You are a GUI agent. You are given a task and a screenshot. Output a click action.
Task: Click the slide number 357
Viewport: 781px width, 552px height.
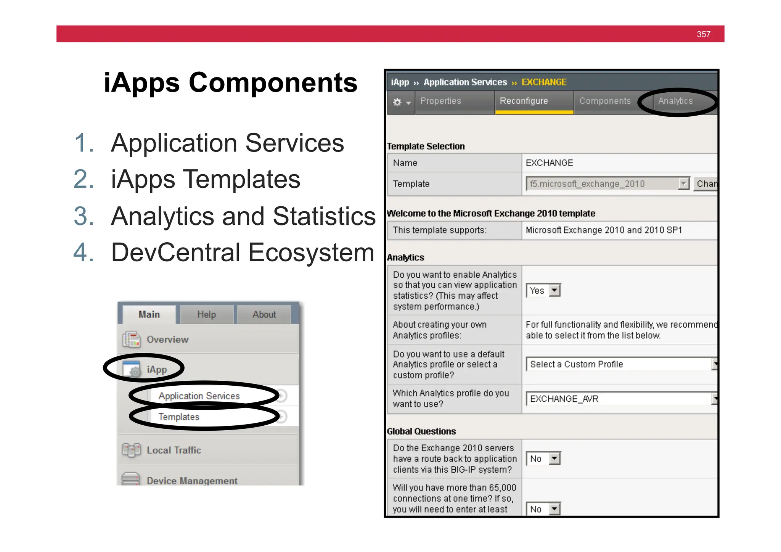point(703,34)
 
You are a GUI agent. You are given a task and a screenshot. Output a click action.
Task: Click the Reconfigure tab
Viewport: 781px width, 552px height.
point(524,101)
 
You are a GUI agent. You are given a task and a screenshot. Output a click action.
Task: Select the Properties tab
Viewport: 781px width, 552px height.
point(440,101)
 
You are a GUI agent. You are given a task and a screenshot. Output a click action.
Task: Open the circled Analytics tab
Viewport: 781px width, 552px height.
point(675,101)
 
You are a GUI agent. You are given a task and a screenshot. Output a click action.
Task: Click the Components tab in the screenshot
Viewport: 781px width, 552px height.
point(605,101)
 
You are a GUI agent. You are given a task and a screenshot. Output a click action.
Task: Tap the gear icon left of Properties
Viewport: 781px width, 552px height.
point(397,102)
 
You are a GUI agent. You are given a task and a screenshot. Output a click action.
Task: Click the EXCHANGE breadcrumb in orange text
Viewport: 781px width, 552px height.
point(544,82)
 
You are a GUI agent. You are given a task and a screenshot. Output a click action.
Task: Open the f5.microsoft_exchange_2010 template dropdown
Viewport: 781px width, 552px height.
point(607,184)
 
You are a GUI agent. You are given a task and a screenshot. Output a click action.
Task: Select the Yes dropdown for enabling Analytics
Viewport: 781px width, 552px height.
point(543,291)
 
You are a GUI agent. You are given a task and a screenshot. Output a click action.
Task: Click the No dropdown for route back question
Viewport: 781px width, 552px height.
point(543,459)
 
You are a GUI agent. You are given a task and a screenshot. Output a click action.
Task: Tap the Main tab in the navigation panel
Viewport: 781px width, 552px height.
point(149,315)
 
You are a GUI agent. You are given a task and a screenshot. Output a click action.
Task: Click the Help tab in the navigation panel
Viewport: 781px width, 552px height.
point(206,315)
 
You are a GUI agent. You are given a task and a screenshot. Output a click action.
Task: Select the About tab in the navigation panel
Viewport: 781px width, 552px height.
point(264,315)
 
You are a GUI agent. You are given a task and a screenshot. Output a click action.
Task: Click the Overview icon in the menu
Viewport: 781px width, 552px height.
point(132,339)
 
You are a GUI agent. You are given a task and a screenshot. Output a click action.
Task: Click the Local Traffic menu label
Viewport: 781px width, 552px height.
point(174,450)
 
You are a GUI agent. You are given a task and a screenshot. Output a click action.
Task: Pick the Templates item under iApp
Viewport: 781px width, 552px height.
point(179,417)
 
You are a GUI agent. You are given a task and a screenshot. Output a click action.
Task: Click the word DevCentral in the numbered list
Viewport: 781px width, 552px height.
point(175,253)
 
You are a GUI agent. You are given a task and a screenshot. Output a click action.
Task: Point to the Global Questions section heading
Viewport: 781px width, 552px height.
point(421,431)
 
